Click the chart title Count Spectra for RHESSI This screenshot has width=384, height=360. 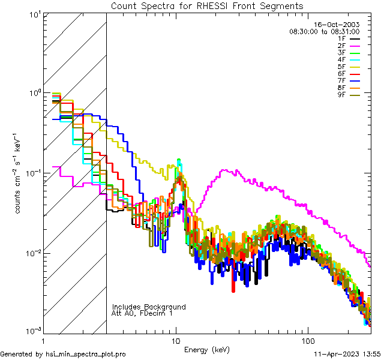click(207, 6)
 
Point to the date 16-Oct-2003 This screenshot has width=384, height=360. click(338, 25)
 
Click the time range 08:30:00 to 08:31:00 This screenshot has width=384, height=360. click(324, 31)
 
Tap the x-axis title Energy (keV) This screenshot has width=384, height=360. click(206, 350)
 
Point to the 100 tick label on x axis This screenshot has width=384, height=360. click(307, 340)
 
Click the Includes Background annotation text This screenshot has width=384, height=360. click(149, 307)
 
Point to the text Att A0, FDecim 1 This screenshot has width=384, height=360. click(142, 313)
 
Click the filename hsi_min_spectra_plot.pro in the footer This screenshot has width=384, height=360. click(86, 354)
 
